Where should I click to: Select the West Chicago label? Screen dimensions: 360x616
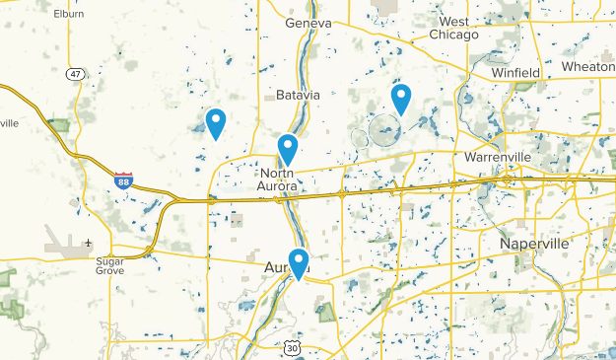coord(453,28)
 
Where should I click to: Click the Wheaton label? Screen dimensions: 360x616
coord(588,66)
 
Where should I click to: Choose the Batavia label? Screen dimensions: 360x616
coord(298,95)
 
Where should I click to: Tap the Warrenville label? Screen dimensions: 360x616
coord(498,157)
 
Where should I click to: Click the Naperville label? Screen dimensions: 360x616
coord(535,244)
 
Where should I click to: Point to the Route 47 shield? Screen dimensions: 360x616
coord(75,74)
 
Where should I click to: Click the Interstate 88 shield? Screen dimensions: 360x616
coord(123,180)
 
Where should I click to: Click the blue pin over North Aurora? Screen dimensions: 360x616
coord(287,149)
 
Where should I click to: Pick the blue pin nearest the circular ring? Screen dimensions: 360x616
coord(400,99)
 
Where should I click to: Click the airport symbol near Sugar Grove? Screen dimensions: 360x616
coord(89,243)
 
